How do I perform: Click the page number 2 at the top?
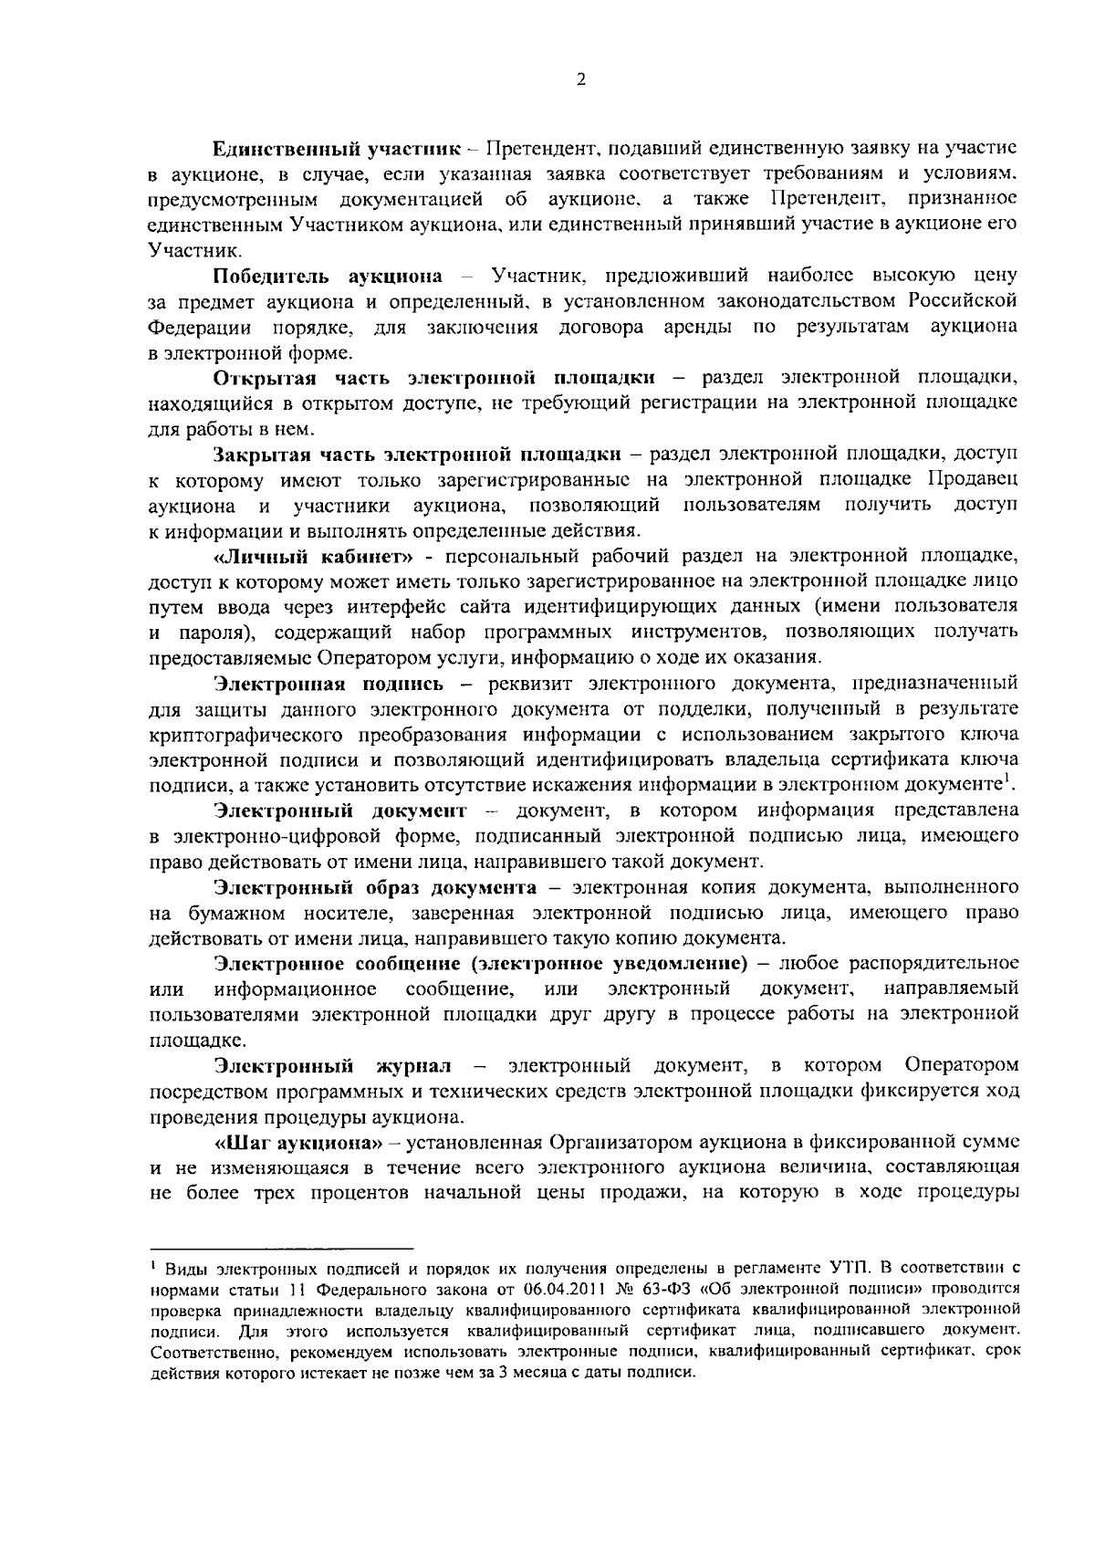(x=580, y=79)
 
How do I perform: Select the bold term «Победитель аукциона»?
(x=328, y=275)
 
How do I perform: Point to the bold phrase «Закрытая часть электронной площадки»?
(x=417, y=454)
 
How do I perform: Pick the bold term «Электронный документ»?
(x=339, y=811)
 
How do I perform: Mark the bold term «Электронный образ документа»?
(x=375, y=887)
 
